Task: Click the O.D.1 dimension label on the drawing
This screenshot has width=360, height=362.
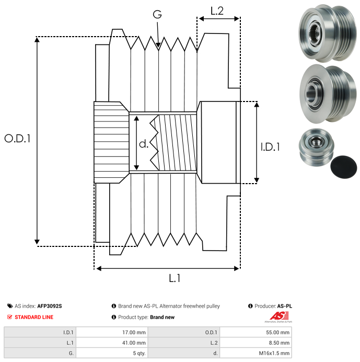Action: coord(17,139)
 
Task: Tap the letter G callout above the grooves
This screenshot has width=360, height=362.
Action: coord(157,15)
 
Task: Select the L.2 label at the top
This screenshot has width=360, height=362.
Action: coord(217,10)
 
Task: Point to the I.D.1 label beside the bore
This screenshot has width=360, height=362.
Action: coord(270,148)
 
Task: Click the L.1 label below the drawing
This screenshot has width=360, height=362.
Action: coord(175,278)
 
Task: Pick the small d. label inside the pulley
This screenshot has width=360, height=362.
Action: coord(144,144)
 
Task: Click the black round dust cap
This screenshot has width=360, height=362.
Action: coord(345,166)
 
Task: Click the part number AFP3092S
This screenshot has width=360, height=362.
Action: coord(53,306)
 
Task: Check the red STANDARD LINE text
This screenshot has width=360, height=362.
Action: coord(33,317)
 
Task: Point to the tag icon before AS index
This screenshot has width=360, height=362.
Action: coord(10,306)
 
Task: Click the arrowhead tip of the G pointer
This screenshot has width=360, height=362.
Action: coord(158,49)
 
